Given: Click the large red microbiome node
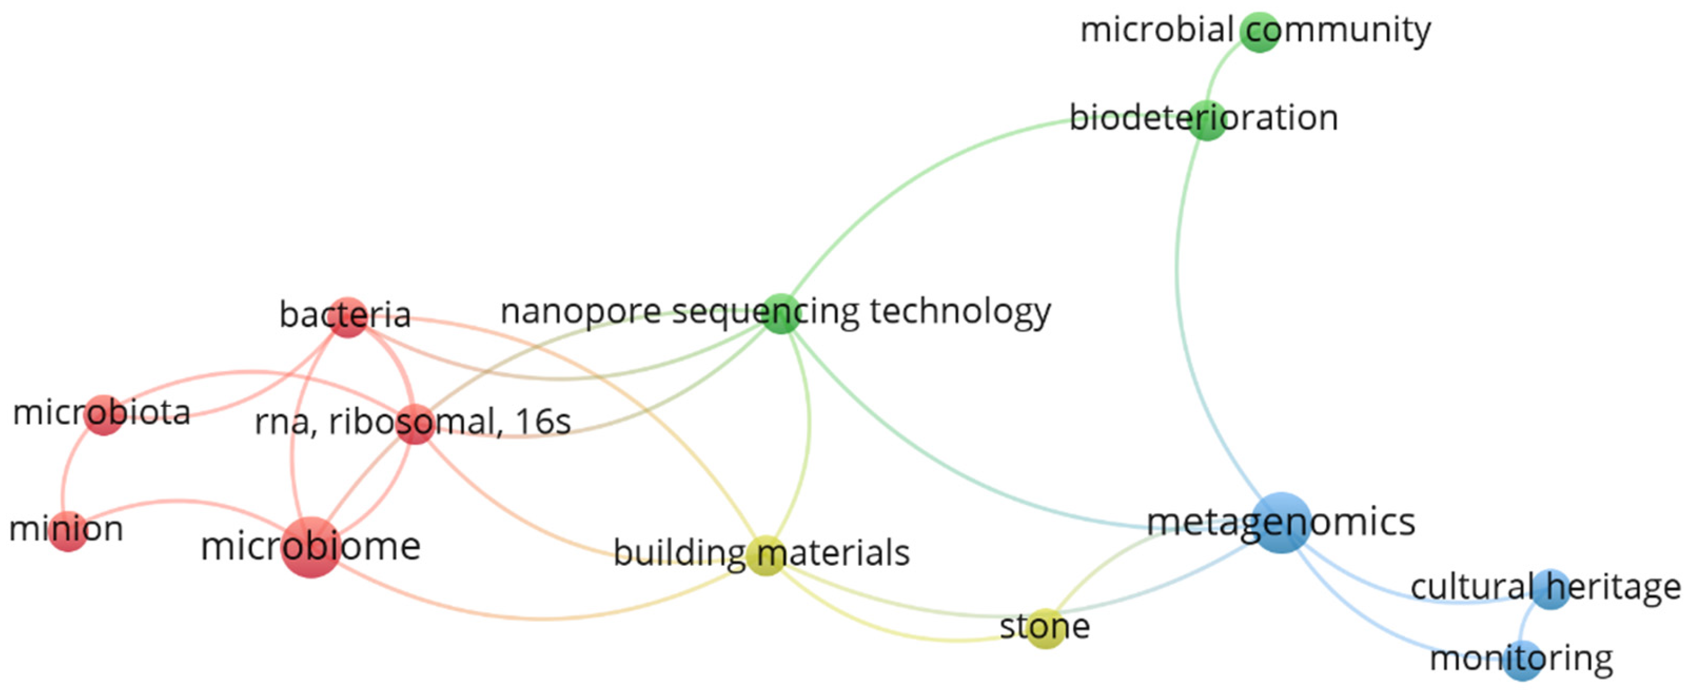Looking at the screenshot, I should point(311,547).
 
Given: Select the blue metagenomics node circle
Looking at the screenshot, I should point(1281,522).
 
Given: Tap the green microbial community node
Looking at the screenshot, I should point(1260,31).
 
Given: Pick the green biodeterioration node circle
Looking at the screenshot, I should point(1207,120).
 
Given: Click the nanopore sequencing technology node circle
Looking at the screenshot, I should point(781,313).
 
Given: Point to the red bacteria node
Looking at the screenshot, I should point(347,317).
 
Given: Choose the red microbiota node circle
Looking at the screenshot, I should point(104,415).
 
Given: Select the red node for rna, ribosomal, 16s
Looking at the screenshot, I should point(415,424).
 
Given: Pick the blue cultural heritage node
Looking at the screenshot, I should point(1551,589).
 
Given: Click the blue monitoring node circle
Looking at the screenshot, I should point(1522,660).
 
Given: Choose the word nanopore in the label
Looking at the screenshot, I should point(580,312).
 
